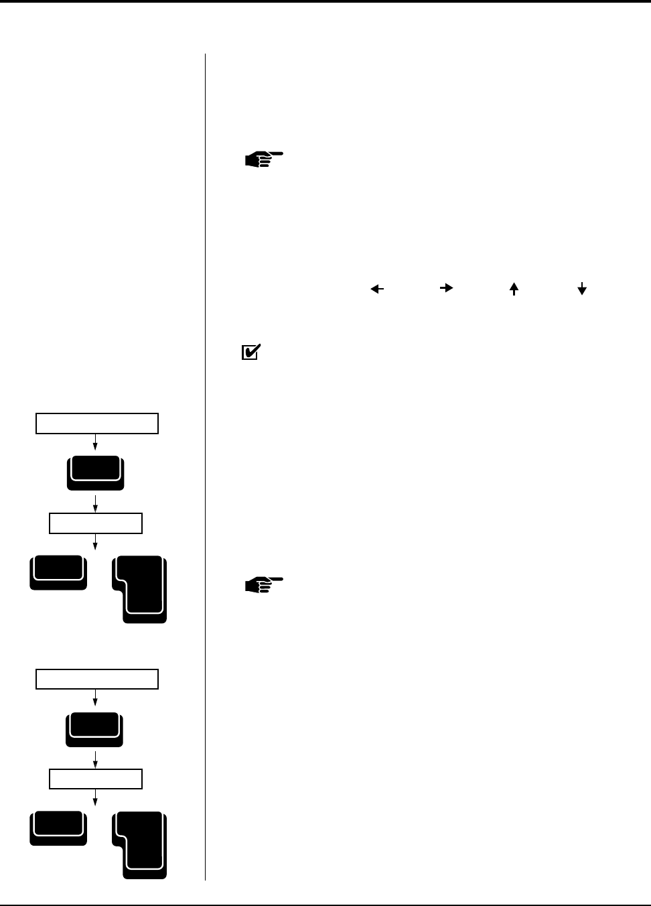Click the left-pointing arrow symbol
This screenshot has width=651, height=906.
(377, 289)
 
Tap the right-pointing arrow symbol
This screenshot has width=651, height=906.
(446, 287)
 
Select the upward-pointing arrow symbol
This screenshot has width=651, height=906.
(514, 289)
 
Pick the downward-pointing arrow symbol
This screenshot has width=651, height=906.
(582, 289)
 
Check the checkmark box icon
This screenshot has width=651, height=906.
(250, 352)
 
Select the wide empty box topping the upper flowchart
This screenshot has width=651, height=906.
(97, 424)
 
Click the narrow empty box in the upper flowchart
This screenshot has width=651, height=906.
(96, 523)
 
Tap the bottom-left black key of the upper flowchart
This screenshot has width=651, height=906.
(58, 572)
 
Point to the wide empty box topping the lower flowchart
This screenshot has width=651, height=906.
(97, 679)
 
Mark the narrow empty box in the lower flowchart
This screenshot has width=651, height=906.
(96, 779)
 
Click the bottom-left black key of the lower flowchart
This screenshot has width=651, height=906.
(58, 828)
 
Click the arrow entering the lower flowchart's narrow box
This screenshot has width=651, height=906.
(96, 759)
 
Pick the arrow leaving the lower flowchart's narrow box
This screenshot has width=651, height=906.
(96, 797)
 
